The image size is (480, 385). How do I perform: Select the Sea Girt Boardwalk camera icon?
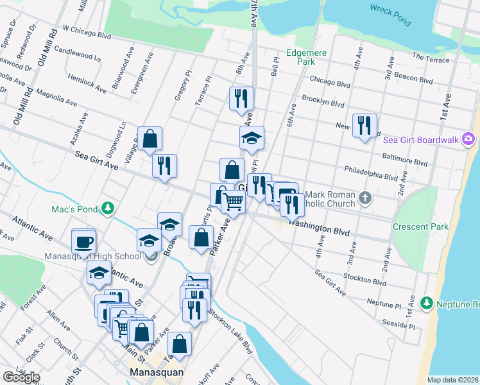click(x=468, y=139)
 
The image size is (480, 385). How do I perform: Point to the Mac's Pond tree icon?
click(x=108, y=208)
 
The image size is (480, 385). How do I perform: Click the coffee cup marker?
click(x=84, y=243)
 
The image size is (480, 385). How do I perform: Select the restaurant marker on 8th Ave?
click(x=242, y=99)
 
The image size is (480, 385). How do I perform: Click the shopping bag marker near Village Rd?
click(x=150, y=138)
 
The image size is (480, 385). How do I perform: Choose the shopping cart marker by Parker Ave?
click(x=234, y=201)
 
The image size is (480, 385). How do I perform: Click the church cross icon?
click(x=365, y=197)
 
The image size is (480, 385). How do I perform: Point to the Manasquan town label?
click(x=157, y=372)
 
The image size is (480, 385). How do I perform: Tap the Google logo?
click(x=21, y=377)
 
